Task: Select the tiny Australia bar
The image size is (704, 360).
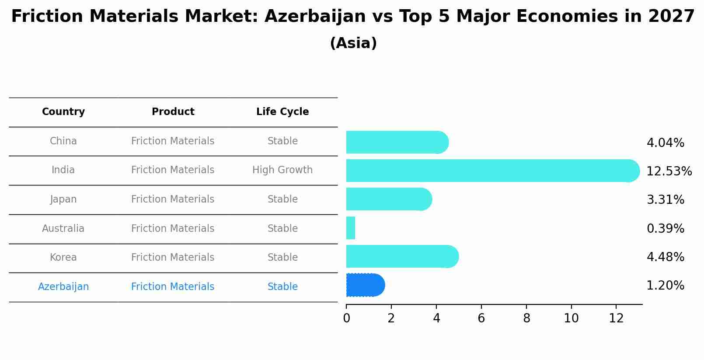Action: tap(351, 228)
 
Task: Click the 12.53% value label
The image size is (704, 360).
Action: tap(669, 171)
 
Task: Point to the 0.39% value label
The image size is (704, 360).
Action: tap(665, 229)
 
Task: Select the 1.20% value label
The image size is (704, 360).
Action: tap(665, 286)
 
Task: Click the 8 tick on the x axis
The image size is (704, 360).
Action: tap(526, 318)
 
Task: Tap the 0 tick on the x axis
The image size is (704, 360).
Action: tap(346, 318)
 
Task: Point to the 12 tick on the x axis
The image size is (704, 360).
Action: tap(616, 318)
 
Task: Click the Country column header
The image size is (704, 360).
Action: tap(63, 112)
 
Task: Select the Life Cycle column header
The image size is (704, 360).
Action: tap(282, 112)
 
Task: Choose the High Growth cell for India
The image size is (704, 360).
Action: tap(282, 170)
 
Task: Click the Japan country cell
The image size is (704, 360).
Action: tap(63, 199)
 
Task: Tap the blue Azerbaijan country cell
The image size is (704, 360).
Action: tap(63, 287)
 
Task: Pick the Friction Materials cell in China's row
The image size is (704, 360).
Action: tap(173, 141)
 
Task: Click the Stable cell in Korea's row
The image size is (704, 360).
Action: tap(282, 258)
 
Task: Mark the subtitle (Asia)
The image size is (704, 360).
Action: tap(353, 43)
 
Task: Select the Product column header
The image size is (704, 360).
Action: tap(173, 112)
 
